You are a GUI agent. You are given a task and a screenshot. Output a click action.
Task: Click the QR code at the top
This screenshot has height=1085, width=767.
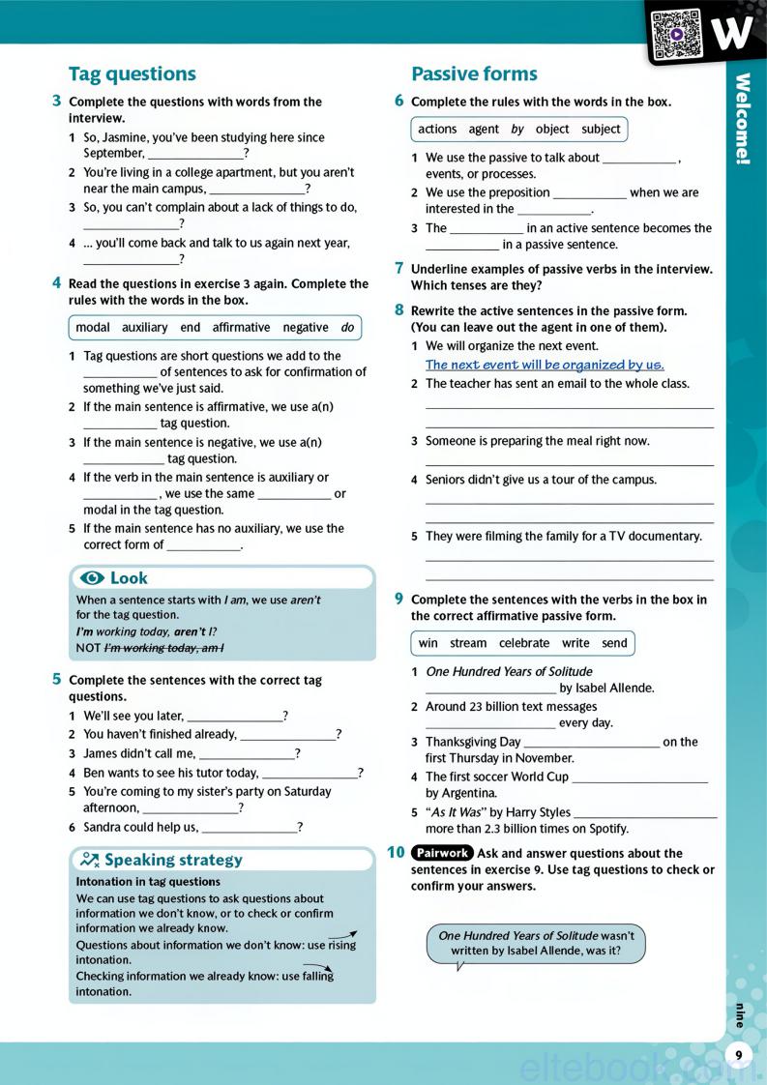(675, 35)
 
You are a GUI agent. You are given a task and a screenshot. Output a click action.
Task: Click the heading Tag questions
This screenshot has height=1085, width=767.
(133, 74)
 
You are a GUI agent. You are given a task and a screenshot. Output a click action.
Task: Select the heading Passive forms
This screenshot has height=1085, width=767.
(474, 74)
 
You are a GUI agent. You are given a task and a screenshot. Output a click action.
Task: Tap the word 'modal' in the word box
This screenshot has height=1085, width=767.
(93, 328)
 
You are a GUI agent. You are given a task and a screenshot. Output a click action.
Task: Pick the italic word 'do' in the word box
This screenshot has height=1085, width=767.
(347, 328)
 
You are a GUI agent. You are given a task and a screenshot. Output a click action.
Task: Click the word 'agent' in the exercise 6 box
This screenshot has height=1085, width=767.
(484, 130)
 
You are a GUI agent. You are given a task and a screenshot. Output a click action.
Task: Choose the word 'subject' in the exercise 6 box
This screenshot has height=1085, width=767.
(601, 130)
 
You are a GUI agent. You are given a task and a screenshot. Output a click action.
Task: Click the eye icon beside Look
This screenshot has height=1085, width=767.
(93, 578)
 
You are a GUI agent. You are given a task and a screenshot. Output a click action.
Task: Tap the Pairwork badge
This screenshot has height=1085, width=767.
(441, 853)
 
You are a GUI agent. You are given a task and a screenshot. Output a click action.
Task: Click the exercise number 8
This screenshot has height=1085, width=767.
(399, 310)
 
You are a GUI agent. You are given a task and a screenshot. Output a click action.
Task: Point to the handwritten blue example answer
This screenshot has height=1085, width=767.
(545, 365)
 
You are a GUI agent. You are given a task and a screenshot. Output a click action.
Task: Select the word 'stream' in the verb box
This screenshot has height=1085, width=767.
(468, 643)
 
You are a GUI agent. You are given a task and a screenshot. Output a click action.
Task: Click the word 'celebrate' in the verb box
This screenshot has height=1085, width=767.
(524, 643)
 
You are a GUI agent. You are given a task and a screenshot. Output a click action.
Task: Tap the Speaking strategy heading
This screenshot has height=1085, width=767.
(173, 860)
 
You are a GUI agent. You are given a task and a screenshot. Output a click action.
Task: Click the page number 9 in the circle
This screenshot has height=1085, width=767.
(738, 1055)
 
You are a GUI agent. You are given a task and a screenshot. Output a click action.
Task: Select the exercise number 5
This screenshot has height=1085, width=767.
(57, 680)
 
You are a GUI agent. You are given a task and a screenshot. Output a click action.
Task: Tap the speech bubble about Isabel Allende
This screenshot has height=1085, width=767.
(536, 943)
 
